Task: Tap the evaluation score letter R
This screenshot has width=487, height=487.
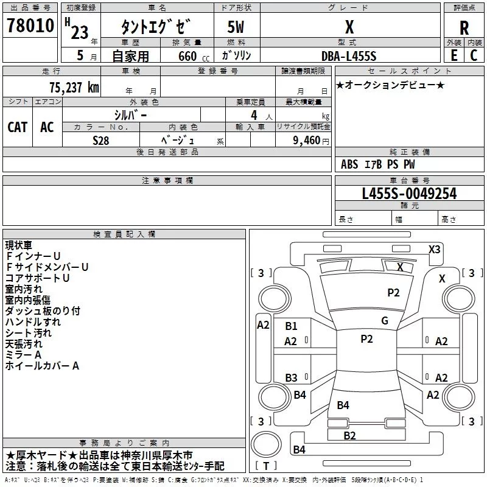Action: (464, 28)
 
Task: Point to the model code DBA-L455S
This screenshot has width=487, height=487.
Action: (349, 55)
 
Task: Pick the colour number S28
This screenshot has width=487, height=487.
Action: (100, 139)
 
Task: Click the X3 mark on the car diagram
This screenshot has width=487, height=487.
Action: (435, 249)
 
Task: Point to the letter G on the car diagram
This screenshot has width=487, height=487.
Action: (384, 321)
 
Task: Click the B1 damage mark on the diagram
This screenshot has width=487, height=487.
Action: (291, 326)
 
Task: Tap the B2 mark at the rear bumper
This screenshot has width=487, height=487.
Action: (349, 435)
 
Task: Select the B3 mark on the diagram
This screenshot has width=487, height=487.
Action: (291, 378)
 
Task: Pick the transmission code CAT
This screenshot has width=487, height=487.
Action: (17, 127)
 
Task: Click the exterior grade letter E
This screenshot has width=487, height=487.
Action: (454, 55)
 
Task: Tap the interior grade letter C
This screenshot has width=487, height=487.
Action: (474, 55)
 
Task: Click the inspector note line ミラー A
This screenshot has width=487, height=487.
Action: (23, 355)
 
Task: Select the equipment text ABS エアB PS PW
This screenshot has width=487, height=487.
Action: (378, 164)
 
